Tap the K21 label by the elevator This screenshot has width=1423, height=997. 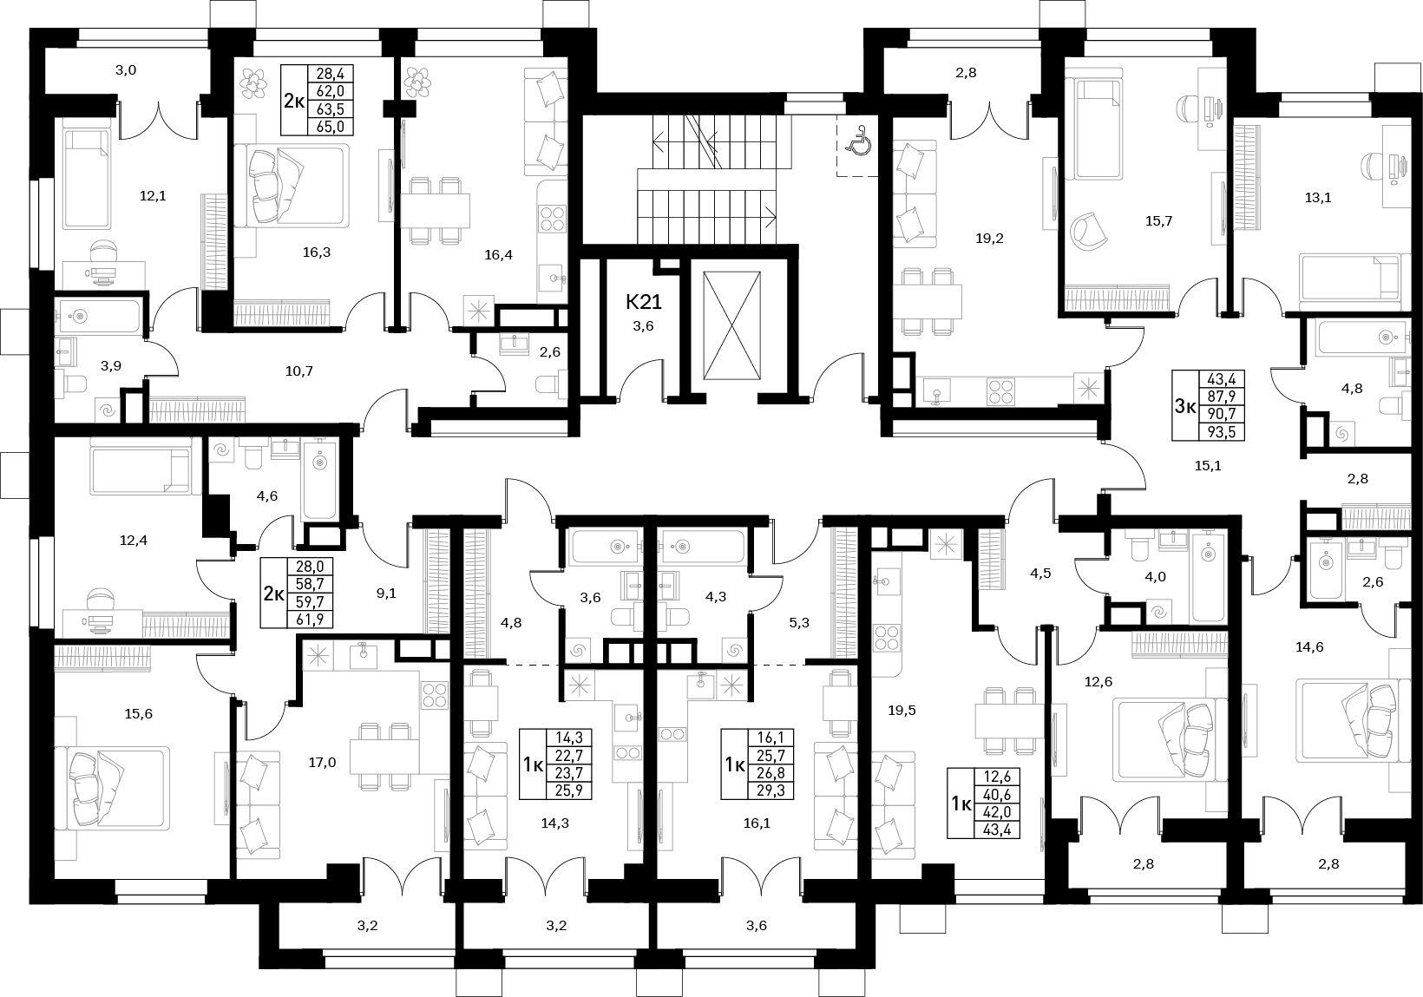(644, 302)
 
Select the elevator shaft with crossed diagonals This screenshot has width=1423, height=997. (731, 326)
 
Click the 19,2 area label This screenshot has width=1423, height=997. (989, 239)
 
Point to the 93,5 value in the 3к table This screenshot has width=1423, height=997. (1220, 432)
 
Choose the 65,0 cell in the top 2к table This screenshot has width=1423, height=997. (331, 127)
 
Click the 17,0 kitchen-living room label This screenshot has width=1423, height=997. (322, 763)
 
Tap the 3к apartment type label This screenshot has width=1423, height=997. (1184, 405)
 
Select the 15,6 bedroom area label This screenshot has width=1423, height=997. (139, 713)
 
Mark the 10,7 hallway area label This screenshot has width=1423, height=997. (298, 371)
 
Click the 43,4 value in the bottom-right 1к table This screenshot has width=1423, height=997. (996, 830)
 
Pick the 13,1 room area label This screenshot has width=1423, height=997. (1317, 198)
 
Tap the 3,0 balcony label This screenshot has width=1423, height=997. (126, 70)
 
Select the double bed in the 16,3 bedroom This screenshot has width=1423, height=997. (292, 185)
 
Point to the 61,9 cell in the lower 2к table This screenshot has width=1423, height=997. (310, 619)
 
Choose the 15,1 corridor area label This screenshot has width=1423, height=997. (1208, 466)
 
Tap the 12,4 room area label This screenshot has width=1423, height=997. (134, 541)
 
